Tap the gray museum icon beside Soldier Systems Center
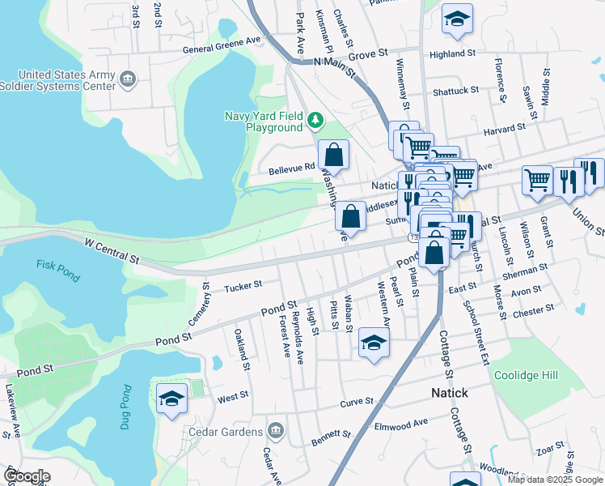pos(128,79)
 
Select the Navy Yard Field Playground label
pos(263,122)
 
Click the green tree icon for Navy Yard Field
pos(315,122)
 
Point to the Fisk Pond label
pos(57,271)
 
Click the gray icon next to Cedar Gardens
pos(276,428)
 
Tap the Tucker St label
pos(243,285)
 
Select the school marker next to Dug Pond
pos(171,399)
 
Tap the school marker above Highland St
pos(457,19)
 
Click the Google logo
pos(27,475)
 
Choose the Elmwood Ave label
pos(400,424)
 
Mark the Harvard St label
pos(506,127)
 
